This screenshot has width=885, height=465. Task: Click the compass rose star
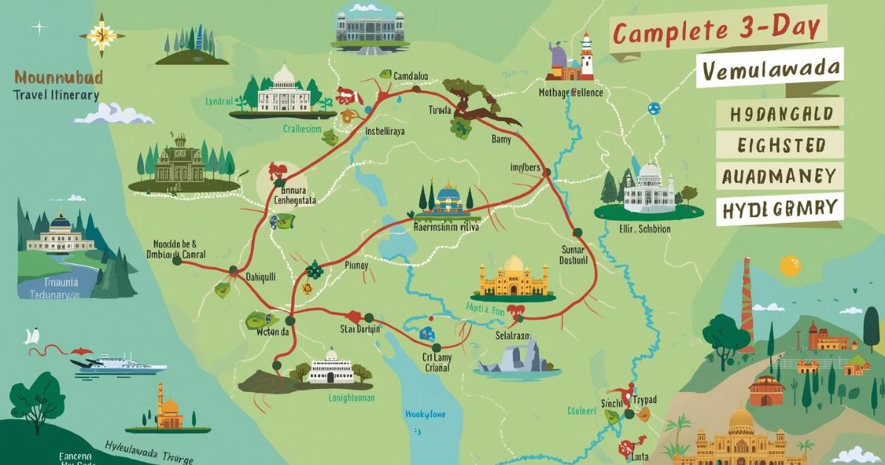click(103, 32)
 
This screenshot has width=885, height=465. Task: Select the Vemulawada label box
click(771, 69)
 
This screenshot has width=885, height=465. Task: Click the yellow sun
click(790, 265)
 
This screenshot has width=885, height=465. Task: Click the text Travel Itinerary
click(55, 95)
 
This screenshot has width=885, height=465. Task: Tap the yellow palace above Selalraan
click(513, 279)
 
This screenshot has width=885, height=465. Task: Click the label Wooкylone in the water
click(426, 414)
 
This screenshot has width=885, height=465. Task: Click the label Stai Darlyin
click(359, 329)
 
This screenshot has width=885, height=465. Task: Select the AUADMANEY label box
click(779, 176)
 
